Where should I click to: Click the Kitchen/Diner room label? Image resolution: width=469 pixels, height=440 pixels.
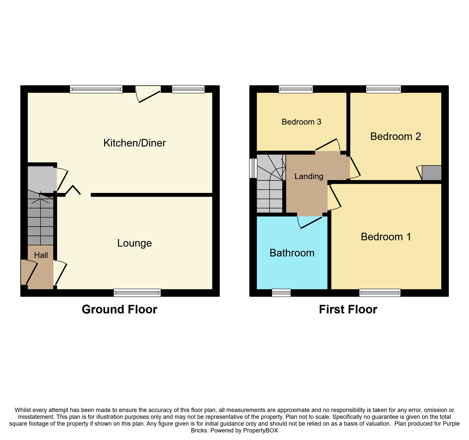(134, 143)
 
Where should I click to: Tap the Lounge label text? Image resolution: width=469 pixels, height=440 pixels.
(134, 243)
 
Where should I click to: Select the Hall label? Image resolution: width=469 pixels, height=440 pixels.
(41, 255)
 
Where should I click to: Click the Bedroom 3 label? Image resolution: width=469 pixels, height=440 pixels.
(301, 122)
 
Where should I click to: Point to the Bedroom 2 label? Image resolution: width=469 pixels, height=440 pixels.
(395, 136)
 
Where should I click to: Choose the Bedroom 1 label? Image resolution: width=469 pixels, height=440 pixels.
(386, 237)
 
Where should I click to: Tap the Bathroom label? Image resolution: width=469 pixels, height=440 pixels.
(292, 253)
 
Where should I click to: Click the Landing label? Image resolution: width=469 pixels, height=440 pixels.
(309, 176)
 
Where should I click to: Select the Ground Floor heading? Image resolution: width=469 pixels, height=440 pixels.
(119, 309)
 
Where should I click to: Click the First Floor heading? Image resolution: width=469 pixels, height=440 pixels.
(348, 309)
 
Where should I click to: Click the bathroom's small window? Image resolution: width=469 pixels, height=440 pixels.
(281, 293)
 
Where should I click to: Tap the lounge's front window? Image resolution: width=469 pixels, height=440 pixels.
(137, 293)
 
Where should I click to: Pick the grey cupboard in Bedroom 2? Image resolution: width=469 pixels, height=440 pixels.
(431, 173)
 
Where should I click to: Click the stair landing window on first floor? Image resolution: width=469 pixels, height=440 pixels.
(253, 168)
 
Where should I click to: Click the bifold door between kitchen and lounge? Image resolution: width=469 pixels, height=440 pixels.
(73, 191)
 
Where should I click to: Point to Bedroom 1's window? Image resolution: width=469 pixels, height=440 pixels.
(380, 293)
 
